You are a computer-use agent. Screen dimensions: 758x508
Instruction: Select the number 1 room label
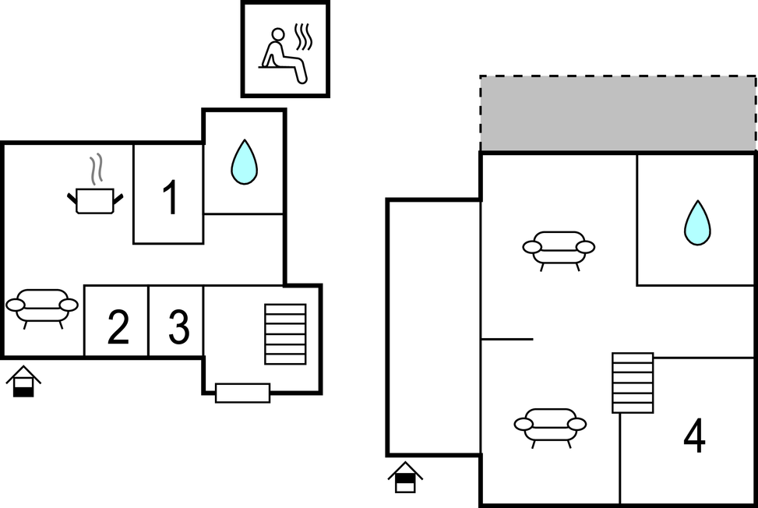pyautogui.click(x=171, y=197)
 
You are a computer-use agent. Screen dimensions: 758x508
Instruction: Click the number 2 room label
pyautogui.click(x=118, y=327)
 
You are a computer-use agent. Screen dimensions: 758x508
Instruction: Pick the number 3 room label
pyautogui.click(x=179, y=327)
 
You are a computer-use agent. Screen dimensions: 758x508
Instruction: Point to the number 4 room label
pyautogui.click(x=695, y=436)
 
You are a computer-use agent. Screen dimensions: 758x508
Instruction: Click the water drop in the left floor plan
pyautogui.click(x=244, y=162)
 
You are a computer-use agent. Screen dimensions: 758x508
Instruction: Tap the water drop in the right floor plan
pyautogui.click(x=697, y=223)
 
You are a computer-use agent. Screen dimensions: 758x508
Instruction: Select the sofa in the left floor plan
pyautogui.click(x=42, y=309)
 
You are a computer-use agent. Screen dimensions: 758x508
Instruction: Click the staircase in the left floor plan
pyautogui.click(x=285, y=334)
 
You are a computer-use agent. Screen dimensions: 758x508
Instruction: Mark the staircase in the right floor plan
pyautogui.click(x=633, y=383)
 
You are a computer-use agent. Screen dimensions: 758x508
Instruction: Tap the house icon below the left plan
pyautogui.click(x=23, y=381)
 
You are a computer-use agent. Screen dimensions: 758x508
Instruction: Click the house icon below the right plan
pyautogui.click(x=405, y=478)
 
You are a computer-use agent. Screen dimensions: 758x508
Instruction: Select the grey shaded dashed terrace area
pyautogui.click(x=619, y=114)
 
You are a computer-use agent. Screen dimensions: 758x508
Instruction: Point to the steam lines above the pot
pyautogui.click(x=96, y=169)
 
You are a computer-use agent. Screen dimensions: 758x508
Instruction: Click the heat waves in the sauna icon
pyautogui.click(x=303, y=37)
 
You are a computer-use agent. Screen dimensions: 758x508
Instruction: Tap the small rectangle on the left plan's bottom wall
pyautogui.click(x=243, y=393)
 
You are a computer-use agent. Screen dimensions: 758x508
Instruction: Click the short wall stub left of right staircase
pyautogui.click(x=508, y=339)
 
